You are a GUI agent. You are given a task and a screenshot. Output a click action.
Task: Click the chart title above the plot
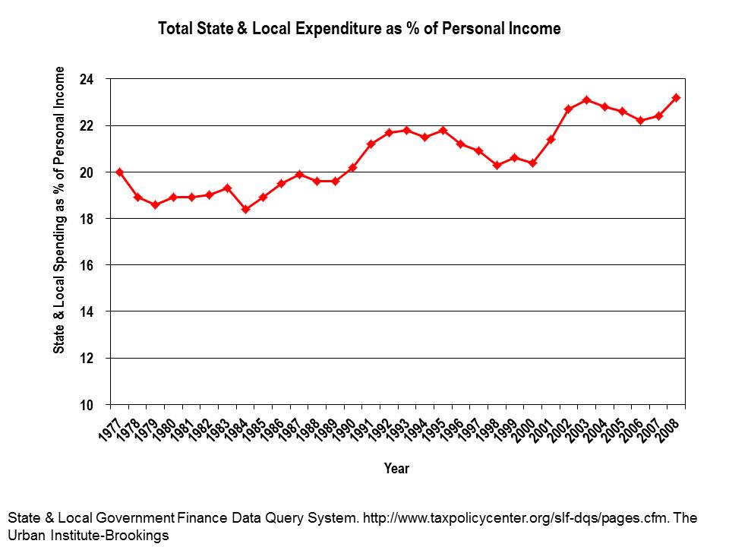(359, 30)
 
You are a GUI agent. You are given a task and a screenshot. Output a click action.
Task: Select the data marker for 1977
(120, 172)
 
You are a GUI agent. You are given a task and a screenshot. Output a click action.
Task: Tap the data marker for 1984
(245, 209)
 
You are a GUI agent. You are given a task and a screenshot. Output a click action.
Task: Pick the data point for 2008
(676, 97)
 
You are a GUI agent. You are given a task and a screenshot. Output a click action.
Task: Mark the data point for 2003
(586, 100)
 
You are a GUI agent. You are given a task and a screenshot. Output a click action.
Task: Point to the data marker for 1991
(371, 144)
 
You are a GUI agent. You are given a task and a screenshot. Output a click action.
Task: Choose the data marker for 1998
(497, 165)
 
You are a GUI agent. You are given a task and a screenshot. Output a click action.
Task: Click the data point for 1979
(156, 204)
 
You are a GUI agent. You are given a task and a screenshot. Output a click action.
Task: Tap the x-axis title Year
(396, 469)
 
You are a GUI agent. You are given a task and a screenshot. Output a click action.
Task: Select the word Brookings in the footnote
(139, 535)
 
